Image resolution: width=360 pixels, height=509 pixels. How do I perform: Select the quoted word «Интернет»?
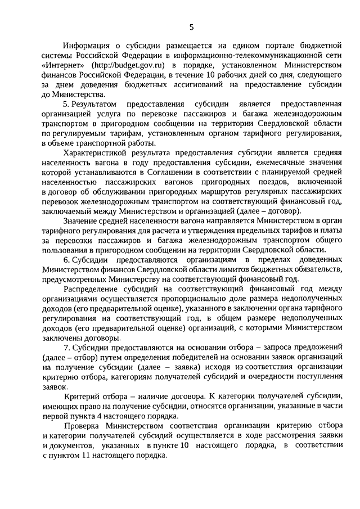(64, 65)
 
